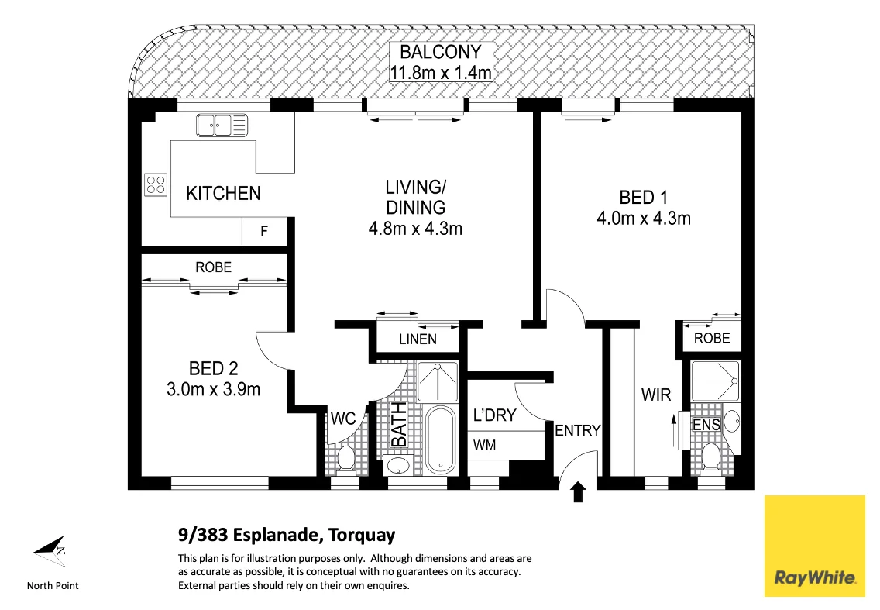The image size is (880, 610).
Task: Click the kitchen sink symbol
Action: pos(222,123)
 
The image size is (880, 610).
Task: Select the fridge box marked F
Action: pos(263,231)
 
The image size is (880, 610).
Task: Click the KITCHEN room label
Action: pos(223,193)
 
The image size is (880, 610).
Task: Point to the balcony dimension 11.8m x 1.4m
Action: pos(440,73)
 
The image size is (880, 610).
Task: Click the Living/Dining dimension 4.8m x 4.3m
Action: pos(415,229)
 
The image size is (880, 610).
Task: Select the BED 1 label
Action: pos(643,198)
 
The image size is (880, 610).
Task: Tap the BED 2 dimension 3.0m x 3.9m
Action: pos(213,389)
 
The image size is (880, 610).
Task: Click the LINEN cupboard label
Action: pos(418,339)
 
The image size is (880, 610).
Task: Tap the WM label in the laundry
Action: pos(486,445)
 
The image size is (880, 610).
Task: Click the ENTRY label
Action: pos(577,430)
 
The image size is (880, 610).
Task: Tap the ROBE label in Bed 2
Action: pos(213,267)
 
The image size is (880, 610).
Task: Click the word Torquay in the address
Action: pos(362,535)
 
